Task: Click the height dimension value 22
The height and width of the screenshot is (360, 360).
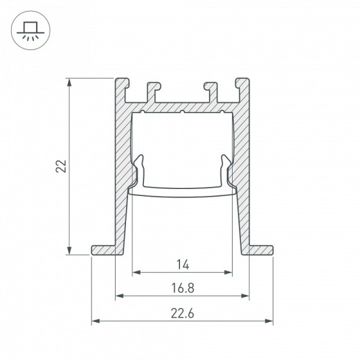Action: (x=61, y=166)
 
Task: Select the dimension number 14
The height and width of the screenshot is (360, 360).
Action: (x=182, y=263)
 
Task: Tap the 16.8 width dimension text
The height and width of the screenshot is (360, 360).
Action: (x=182, y=287)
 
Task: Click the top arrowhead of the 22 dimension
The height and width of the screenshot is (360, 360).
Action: (x=70, y=81)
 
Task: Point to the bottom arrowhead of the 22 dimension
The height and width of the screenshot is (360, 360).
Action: (x=70, y=251)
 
